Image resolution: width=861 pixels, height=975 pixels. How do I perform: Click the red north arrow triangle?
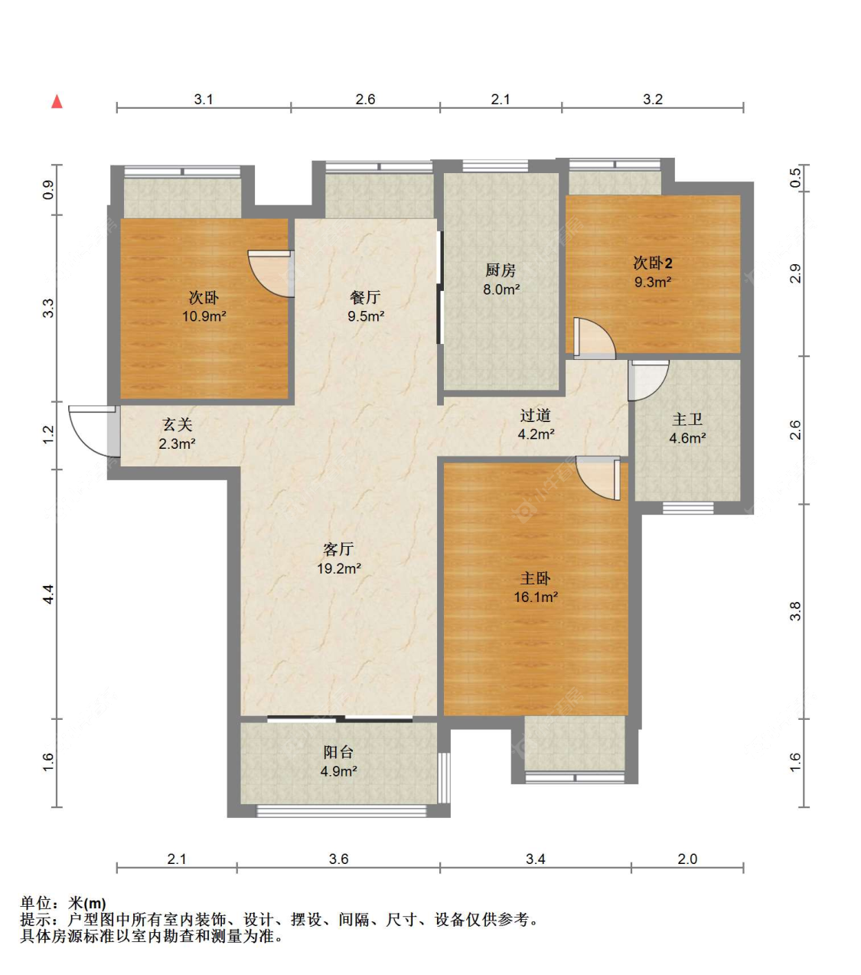coord(57,102)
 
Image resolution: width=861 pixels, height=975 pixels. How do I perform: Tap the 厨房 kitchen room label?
coord(501,270)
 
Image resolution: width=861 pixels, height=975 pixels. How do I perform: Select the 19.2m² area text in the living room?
coord(338,568)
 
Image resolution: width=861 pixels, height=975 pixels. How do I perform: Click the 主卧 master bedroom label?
coord(536,578)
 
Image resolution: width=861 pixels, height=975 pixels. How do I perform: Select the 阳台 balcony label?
coord(338,751)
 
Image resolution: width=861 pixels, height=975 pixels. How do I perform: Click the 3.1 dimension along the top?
coord(204,100)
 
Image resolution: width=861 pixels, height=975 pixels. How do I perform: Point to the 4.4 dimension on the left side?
coord(48,594)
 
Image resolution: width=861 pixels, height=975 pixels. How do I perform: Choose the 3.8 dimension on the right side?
coord(796,611)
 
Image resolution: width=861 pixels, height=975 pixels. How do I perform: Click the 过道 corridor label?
coord(536,415)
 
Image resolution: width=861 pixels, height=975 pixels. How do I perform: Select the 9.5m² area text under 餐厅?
coord(366,316)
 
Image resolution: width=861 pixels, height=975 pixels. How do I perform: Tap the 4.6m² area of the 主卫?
coord(687,438)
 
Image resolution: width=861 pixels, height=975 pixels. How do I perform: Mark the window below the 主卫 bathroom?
coord(688,508)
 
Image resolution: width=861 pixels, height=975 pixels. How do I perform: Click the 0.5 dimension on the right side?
coord(796,178)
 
